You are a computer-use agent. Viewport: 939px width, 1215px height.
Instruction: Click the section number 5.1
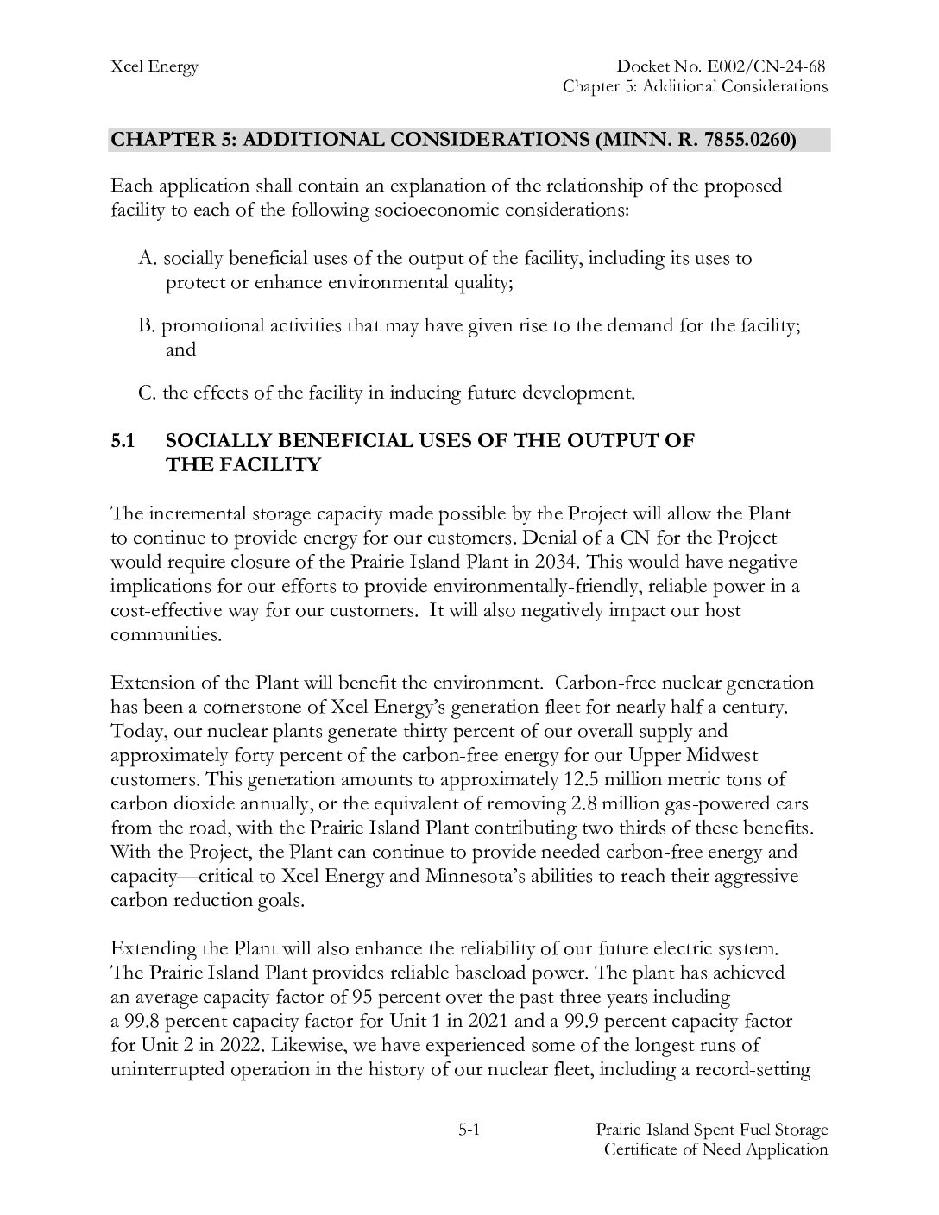[123, 441]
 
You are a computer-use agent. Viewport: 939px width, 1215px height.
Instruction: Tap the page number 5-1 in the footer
[469, 1130]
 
